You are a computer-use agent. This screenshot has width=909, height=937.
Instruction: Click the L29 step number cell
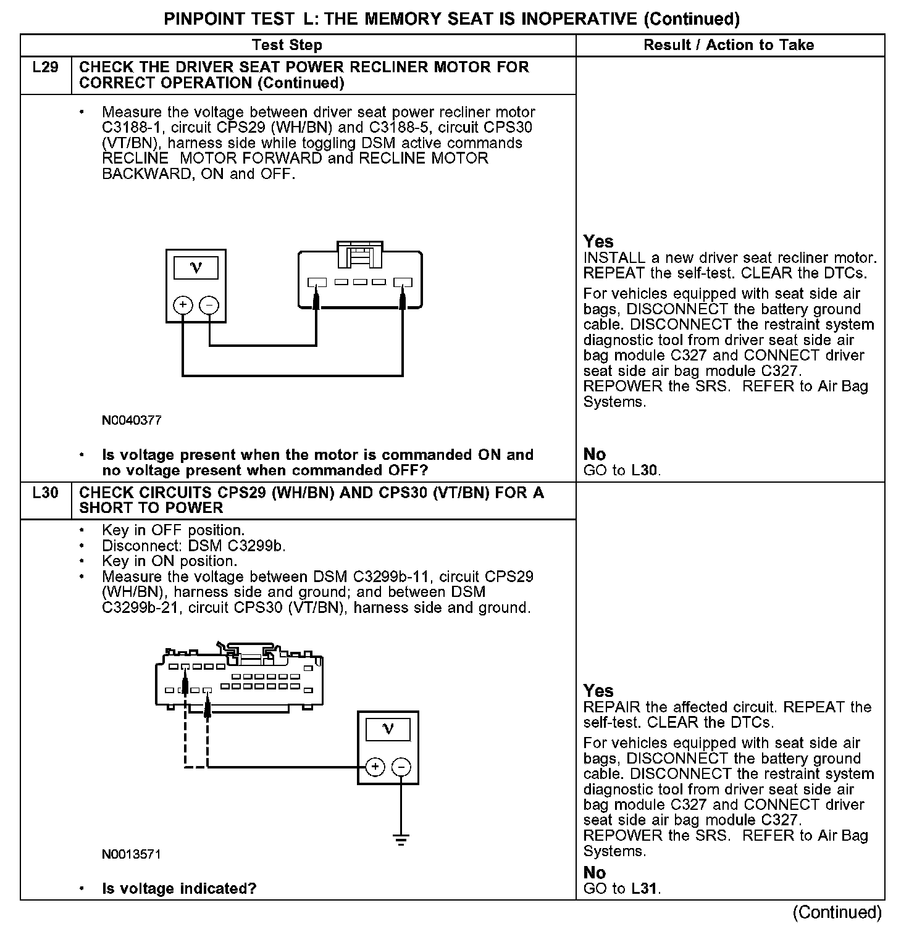click(45, 67)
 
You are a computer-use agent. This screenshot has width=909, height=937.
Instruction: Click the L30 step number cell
click(45, 493)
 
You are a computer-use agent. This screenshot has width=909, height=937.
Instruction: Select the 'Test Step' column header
click(287, 45)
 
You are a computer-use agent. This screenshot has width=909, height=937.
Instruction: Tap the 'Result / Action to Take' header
click(729, 45)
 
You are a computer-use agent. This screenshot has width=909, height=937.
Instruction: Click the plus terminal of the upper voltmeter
click(183, 305)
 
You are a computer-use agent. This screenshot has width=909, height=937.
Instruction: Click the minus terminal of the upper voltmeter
click(209, 305)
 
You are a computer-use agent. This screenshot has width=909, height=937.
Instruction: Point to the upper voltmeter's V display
click(196, 268)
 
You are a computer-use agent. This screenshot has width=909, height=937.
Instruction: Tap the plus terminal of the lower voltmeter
click(375, 767)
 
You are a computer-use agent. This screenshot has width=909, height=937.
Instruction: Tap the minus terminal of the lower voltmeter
click(401, 767)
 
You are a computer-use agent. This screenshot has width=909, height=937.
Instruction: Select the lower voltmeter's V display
click(388, 730)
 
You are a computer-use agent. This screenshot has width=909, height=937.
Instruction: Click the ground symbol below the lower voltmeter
click(401, 839)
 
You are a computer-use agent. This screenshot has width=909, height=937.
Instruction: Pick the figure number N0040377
click(132, 420)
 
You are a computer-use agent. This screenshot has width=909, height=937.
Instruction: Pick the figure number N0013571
click(132, 854)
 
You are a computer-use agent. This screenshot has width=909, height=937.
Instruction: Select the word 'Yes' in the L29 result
click(598, 241)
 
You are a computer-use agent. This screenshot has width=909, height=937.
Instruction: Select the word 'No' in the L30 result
click(595, 873)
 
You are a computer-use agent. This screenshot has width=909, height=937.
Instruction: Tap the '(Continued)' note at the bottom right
click(837, 912)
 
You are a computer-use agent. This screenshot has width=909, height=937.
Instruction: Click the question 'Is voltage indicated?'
click(179, 889)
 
